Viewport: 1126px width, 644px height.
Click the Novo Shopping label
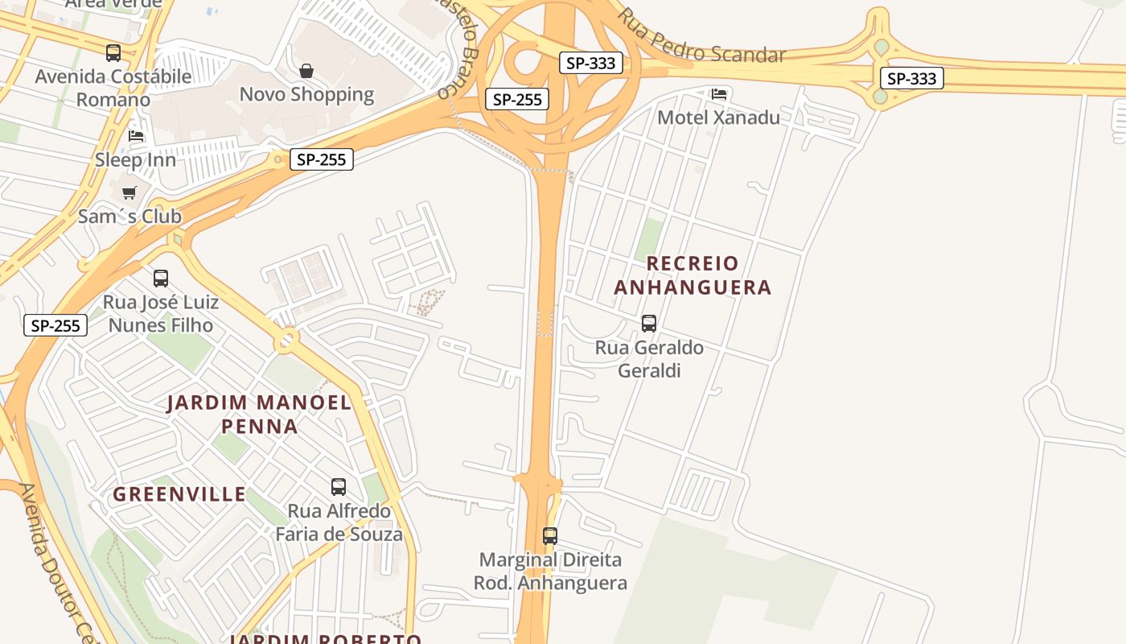tap(306, 94)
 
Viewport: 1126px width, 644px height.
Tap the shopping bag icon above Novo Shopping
tap(306, 71)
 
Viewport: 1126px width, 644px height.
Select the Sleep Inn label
tap(135, 159)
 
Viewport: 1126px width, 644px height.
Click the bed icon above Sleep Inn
tap(136, 135)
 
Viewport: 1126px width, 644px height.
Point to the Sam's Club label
tap(129, 217)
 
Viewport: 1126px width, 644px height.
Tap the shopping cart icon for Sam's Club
tap(129, 193)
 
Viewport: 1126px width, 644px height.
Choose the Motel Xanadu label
tap(718, 118)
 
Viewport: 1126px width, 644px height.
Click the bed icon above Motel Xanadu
tap(719, 94)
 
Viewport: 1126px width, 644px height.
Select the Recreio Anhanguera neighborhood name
tap(692, 275)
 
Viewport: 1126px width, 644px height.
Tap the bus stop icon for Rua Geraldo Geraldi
tap(649, 324)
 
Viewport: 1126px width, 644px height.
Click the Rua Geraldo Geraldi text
tap(649, 359)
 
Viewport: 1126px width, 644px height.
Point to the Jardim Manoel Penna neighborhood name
tap(259, 414)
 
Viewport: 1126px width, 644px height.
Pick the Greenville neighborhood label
tap(179, 494)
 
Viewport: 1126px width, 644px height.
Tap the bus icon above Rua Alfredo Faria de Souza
tap(339, 487)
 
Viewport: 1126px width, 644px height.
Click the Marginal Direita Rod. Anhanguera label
tap(550, 571)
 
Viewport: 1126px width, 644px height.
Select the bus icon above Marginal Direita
tap(550, 536)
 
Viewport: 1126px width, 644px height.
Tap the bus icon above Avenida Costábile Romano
tap(113, 53)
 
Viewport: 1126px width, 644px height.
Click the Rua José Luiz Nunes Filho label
tap(161, 314)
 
